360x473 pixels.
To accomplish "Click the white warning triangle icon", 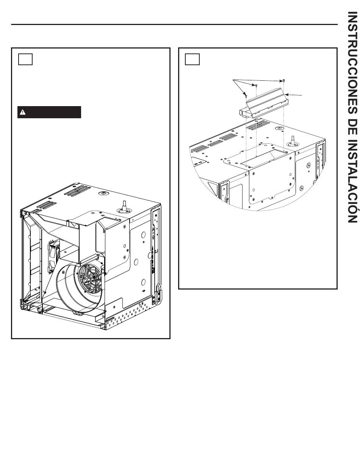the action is pyautogui.click(x=23, y=112).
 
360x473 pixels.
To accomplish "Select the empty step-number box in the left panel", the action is pyautogui.click(x=25, y=59).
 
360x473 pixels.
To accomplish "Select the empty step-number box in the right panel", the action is pyautogui.click(x=192, y=59).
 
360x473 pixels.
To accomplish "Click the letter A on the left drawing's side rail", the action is pyautogui.click(x=153, y=230).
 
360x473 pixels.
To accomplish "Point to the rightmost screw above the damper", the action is pyautogui.click(x=284, y=81).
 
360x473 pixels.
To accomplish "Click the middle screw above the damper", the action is pyautogui.click(x=256, y=86).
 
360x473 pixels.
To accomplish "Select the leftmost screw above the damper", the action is pyautogui.click(x=246, y=95).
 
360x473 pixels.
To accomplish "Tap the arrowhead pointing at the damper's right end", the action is pyautogui.click(x=286, y=95).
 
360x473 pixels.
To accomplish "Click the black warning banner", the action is pyautogui.click(x=49, y=112).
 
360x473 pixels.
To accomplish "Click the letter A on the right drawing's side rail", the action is pyautogui.click(x=318, y=161).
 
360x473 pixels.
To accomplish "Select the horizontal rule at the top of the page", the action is pyautogui.click(x=174, y=24).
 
